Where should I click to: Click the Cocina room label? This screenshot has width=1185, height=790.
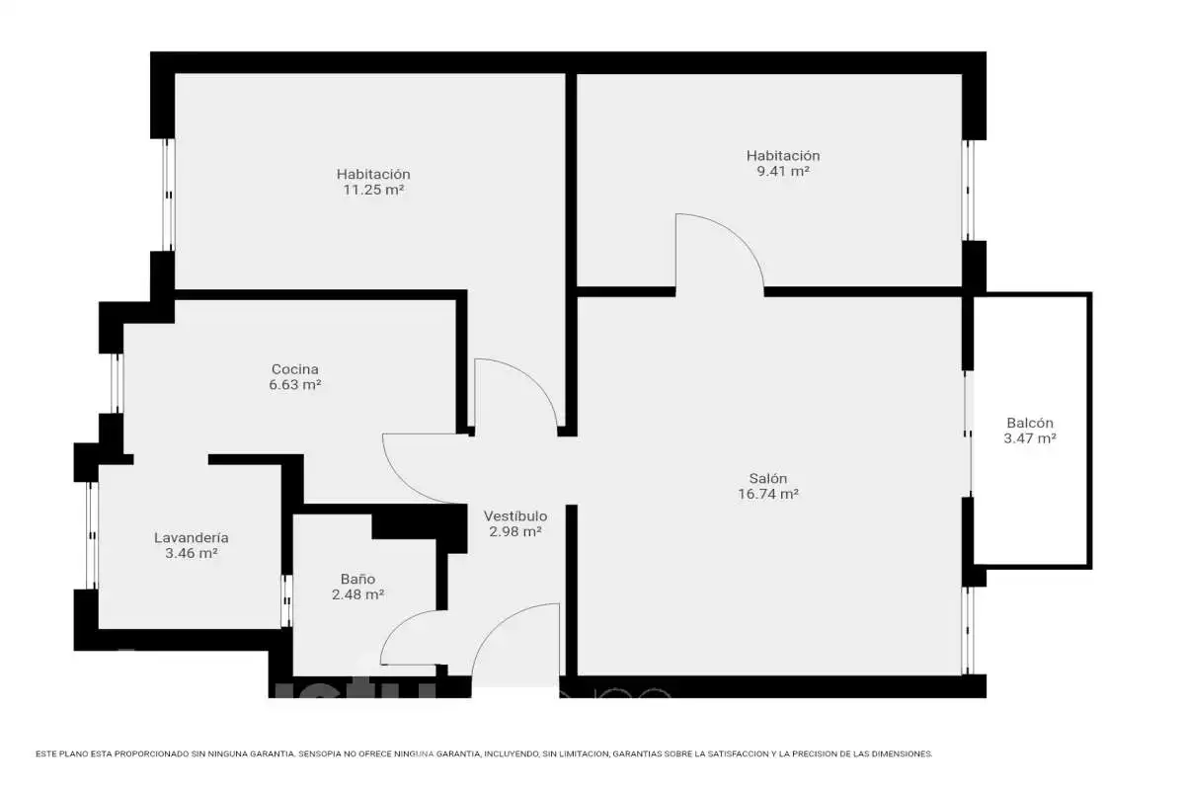[x=294, y=368]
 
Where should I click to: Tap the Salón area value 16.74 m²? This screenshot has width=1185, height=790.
[x=768, y=494]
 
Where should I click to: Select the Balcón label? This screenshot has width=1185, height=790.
[x=1029, y=423]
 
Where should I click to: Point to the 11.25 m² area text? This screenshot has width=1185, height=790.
[x=373, y=190]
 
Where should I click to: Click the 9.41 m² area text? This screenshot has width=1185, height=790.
[x=783, y=171]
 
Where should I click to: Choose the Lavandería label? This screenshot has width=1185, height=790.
[x=192, y=537]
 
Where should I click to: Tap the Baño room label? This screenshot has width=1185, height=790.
[x=357, y=579]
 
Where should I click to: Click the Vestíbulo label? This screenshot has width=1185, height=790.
[x=515, y=515]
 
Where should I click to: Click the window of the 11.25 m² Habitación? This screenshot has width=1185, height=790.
[x=168, y=195]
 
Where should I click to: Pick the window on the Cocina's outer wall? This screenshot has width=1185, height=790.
[x=117, y=383]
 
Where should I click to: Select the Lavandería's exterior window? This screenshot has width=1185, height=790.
[x=92, y=535]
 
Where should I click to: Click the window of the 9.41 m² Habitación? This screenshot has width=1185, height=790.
[x=968, y=191]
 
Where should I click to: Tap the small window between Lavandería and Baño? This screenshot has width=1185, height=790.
[x=286, y=601]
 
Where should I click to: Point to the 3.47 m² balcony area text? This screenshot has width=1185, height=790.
[x=1030, y=438]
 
